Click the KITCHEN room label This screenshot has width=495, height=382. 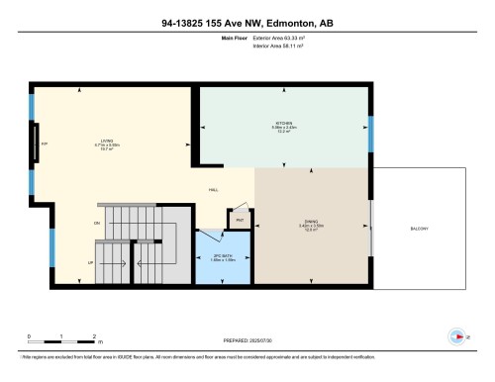pyautogui.click(x=287, y=125)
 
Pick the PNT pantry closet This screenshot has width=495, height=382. pyautogui.click(x=240, y=220)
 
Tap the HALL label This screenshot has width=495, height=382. pyautogui.click(x=213, y=191)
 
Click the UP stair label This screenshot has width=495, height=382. pyautogui.click(x=90, y=263)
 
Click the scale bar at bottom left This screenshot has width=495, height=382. pyautogui.click(x=59, y=339)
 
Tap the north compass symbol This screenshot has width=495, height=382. pyautogui.click(x=455, y=336)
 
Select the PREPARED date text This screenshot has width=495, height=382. pyautogui.click(x=247, y=337)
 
